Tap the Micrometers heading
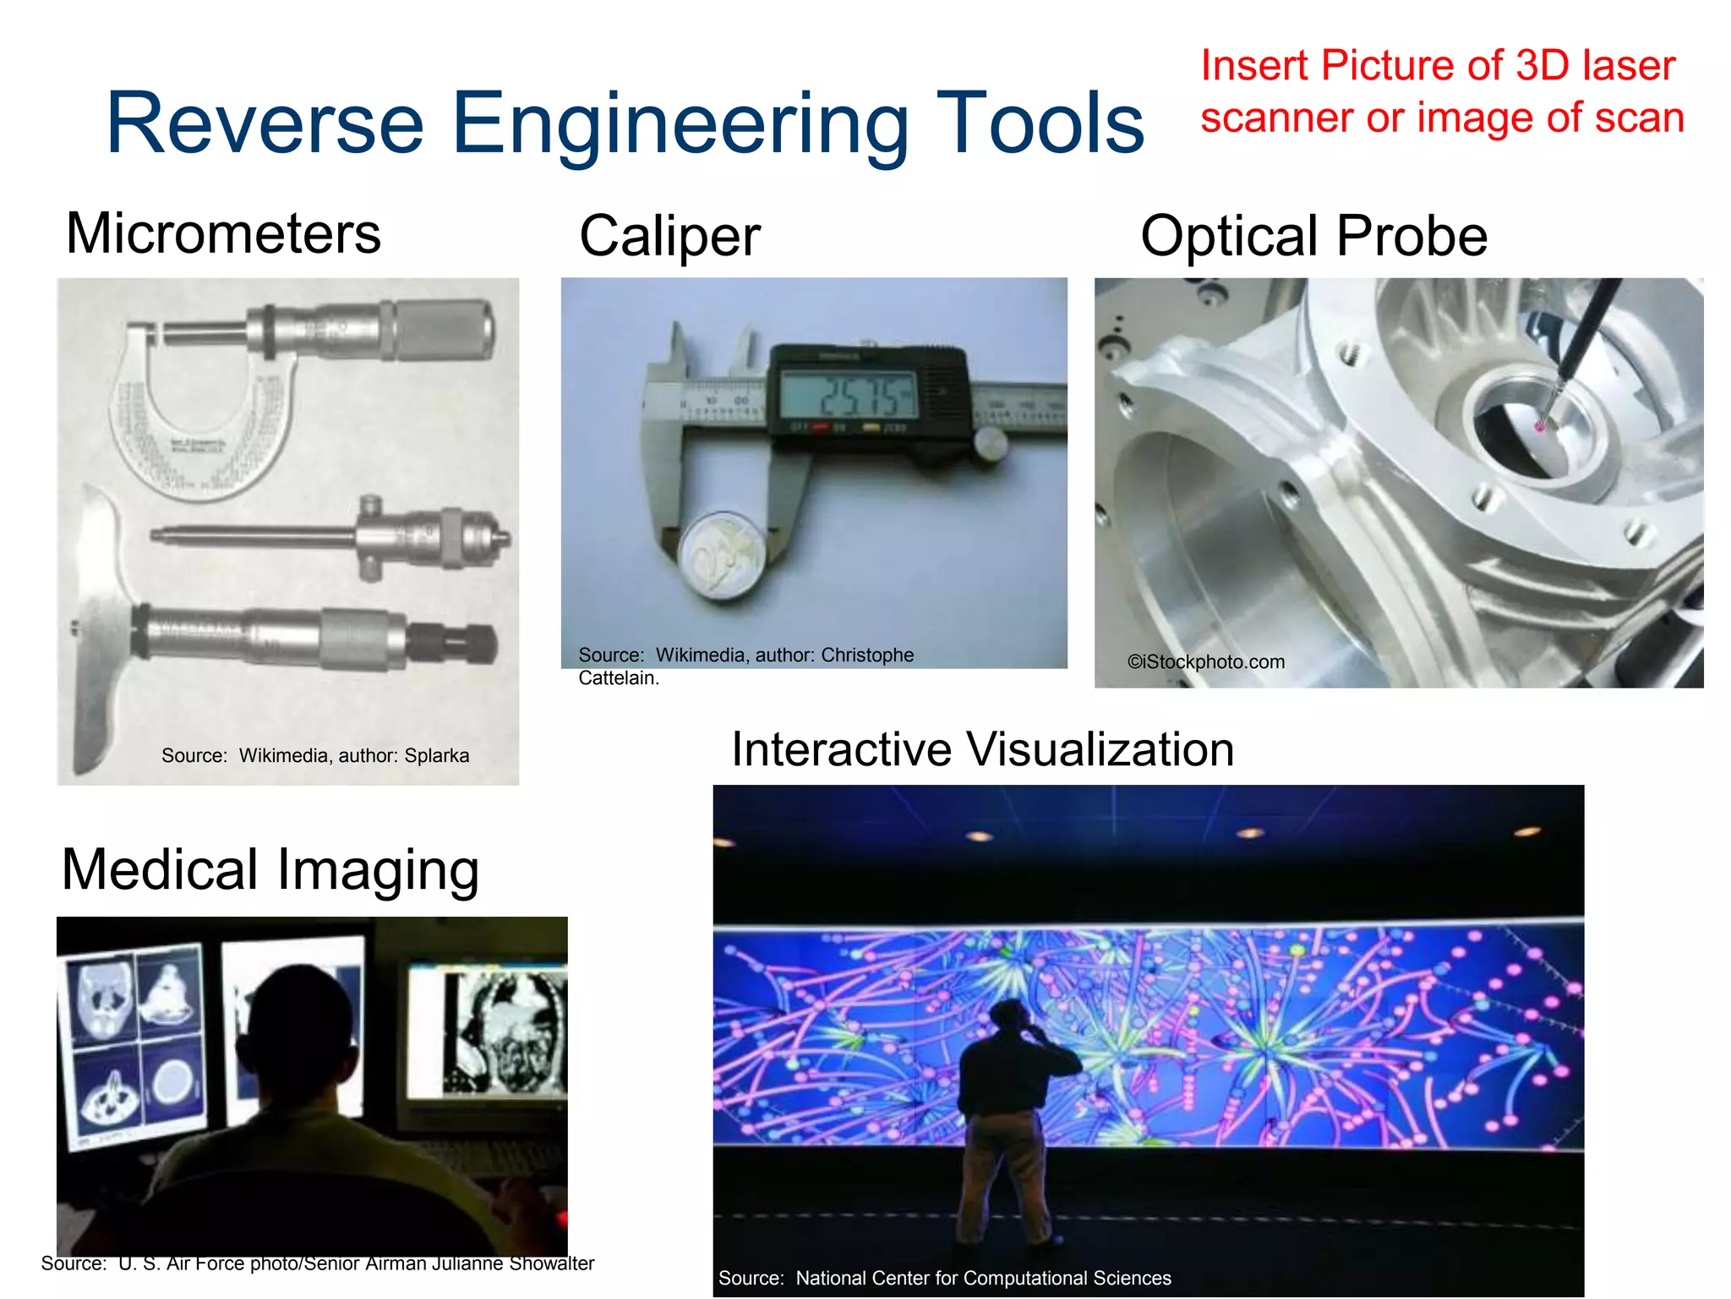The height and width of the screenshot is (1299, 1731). tap(223, 233)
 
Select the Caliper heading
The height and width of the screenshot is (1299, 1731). tap(669, 236)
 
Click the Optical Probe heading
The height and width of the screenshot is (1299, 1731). tap(1313, 236)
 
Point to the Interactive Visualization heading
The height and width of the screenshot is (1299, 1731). tap(982, 749)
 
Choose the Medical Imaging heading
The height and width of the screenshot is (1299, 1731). tap(270, 869)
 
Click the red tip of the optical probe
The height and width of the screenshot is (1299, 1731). tap(1540, 426)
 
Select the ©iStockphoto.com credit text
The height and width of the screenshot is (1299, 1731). tap(1206, 662)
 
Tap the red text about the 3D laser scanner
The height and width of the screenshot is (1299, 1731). tap(1441, 91)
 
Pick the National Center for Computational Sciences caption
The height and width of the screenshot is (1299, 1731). tap(945, 1278)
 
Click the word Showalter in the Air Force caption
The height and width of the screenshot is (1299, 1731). tap(551, 1263)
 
